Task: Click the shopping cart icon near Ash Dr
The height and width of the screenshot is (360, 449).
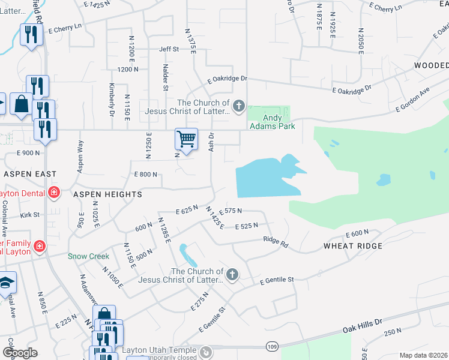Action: tap(187, 139)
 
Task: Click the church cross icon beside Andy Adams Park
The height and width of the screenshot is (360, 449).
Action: tap(238, 107)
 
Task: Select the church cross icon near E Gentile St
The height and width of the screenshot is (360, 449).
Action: tap(232, 275)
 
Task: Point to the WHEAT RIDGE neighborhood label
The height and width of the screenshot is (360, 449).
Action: tap(353, 246)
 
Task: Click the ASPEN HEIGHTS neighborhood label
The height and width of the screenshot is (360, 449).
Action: tap(107, 194)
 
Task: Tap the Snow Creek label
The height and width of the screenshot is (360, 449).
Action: tap(88, 256)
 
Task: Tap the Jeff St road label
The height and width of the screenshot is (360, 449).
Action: tap(169, 49)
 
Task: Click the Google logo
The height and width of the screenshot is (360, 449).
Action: tap(20, 353)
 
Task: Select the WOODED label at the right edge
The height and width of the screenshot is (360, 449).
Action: tap(430, 65)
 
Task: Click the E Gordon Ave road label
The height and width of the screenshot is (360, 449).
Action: tap(412, 100)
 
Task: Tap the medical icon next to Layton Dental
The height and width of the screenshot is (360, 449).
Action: tap(53, 193)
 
